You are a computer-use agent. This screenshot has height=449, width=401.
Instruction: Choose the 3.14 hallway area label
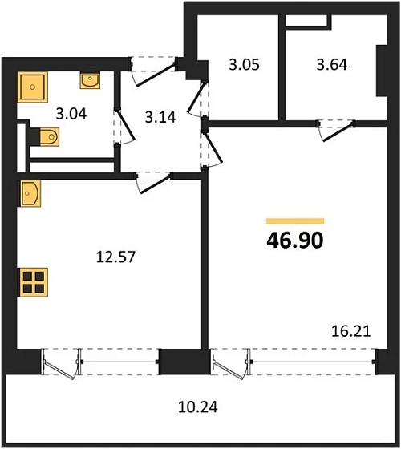[160, 116]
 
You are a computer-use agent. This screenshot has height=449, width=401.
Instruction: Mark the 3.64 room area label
[331, 65]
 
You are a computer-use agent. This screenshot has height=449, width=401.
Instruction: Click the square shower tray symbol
[34, 83]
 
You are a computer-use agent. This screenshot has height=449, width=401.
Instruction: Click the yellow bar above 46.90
[294, 220]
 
